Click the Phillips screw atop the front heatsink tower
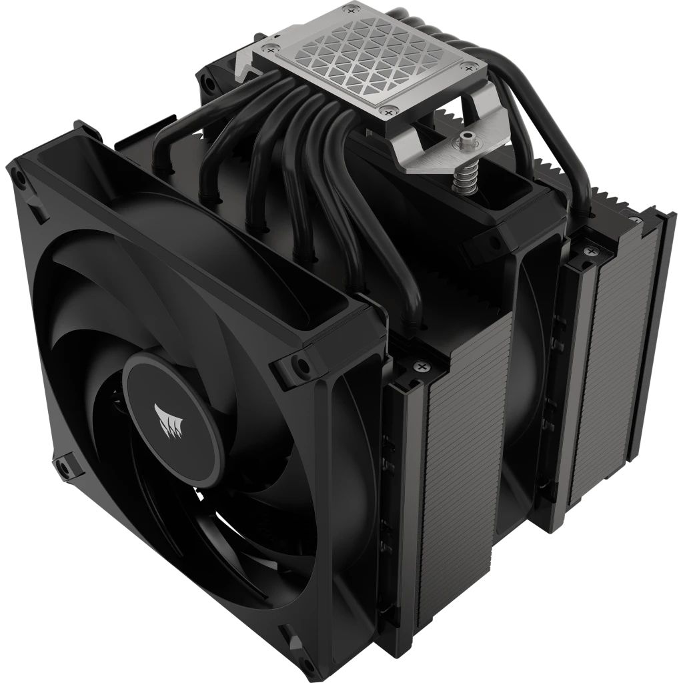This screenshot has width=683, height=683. (x=419, y=366)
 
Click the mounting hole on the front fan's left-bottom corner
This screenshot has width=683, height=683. (x=58, y=459)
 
